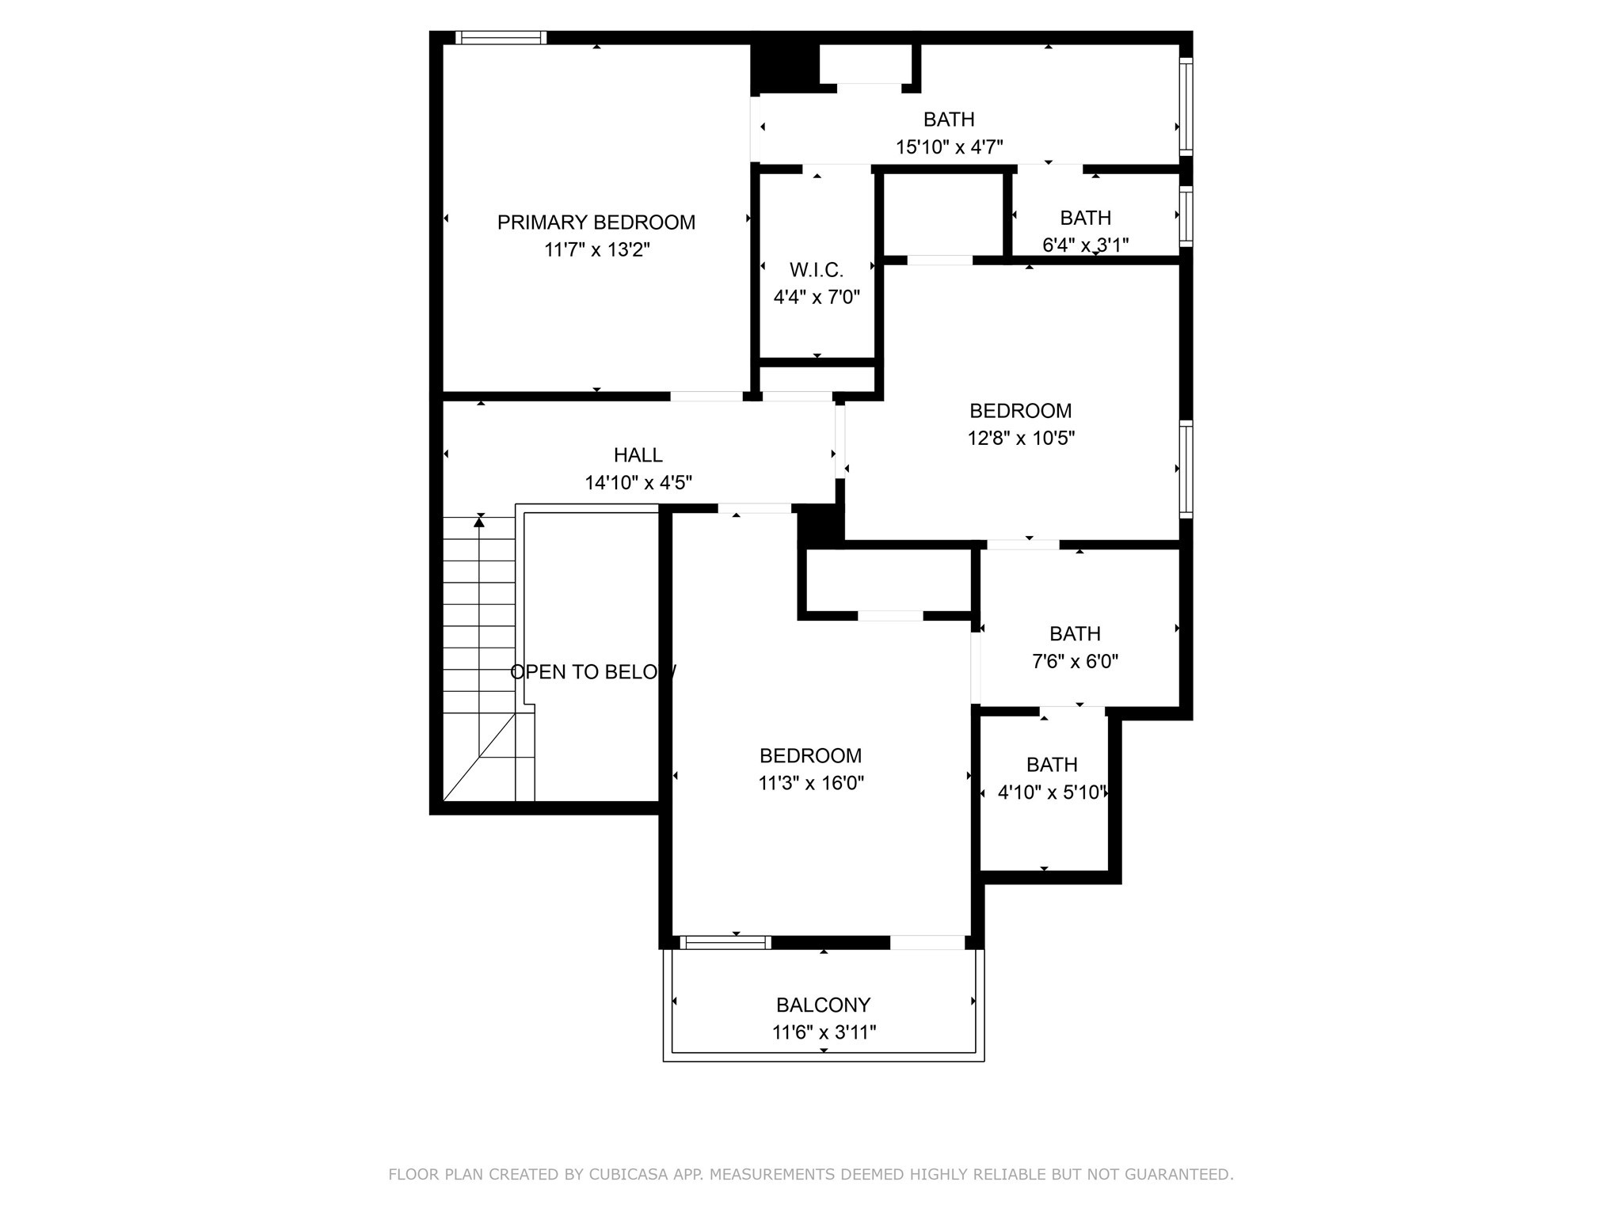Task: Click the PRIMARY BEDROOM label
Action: pyautogui.click(x=596, y=222)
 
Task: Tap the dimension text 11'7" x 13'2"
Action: pyautogui.click(x=596, y=250)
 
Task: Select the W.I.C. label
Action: pyautogui.click(x=816, y=270)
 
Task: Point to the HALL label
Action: pyautogui.click(x=638, y=455)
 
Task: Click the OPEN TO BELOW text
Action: pyautogui.click(x=592, y=672)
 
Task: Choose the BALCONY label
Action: pyautogui.click(x=823, y=1005)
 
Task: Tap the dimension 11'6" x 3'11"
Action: pyautogui.click(x=824, y=1032)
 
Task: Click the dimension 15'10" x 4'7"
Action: pyautogui.click(x=949, y=147)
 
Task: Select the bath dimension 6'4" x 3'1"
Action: pyautogui.click(x=1085, y=245)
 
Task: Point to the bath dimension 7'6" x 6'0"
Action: pyautogui.click(x=1075, y=661)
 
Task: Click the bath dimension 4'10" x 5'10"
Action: pyautogui.click(x=1052, y=792)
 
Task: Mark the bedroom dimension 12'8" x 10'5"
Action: pyautogui.click(x=1020, y=438)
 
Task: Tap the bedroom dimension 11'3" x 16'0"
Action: pyautogui.click(x=810, y=783)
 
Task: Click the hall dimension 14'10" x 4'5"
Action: pyautogui.click(x=638, y=482)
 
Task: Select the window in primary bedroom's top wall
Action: pyautogui.click(x=501, y=37)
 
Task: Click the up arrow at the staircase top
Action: pyautogui.click(x=479, y=521)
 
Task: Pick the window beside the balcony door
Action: pyautogui.click(x=725, y=942)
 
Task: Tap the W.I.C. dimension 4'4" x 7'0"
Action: pyautogui.click(x=816, y=298)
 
